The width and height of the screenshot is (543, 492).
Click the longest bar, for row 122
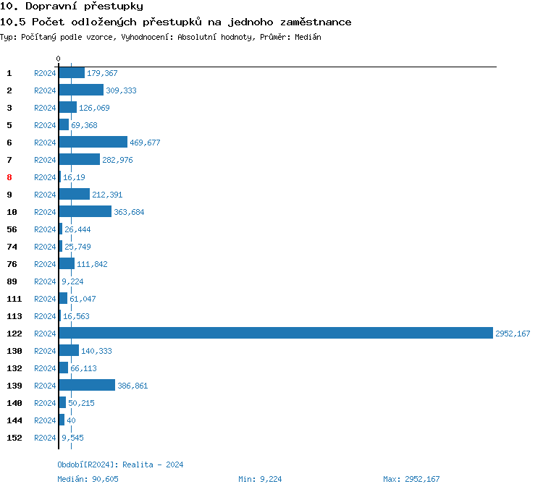[275, 334]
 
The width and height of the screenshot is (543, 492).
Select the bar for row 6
[93, 143]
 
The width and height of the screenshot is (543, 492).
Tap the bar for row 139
[87, 386]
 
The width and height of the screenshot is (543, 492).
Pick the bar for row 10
[85, 212]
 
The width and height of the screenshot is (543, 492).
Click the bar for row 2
[81, 90]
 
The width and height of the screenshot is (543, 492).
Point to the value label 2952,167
[513, 334]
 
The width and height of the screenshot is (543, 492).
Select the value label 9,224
[72, 281]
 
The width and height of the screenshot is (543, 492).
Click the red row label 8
[9, 177]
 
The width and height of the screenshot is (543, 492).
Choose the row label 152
[14, 438]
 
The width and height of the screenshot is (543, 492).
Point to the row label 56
[12, 229]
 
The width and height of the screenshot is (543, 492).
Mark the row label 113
[14, 316]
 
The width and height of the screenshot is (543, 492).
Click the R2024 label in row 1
[45, 73]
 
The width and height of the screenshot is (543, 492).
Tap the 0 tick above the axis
[59, 59]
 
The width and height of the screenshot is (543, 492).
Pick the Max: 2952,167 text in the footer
[411, 479]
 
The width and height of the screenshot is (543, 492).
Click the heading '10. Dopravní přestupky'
[71, 7]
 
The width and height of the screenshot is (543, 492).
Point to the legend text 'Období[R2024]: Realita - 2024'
[120, 465]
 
